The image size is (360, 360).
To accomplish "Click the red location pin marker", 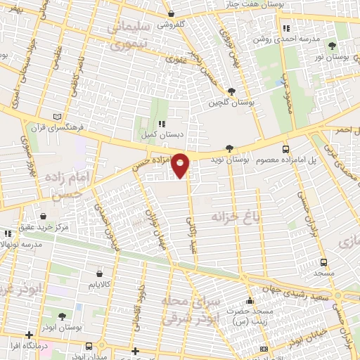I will [181, 165].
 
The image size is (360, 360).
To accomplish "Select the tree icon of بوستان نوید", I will [231, 148].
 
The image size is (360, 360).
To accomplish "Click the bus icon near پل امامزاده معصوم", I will [285, 149].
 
